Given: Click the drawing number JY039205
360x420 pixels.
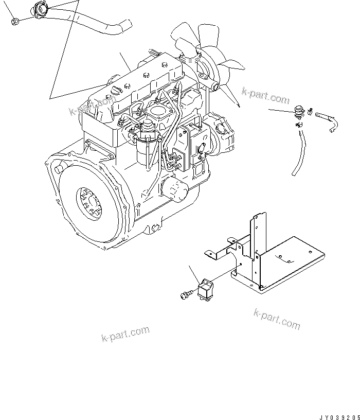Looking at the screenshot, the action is pos(339,417).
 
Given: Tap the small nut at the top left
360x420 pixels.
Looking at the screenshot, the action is pos(15,21).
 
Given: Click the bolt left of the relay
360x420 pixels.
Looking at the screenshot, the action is pos(187,294).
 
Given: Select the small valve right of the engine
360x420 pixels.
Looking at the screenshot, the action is pos(299,112).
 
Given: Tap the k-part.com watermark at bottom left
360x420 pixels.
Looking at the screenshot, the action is pos(125,334).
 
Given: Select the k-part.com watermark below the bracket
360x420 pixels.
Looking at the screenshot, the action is pos(277,319).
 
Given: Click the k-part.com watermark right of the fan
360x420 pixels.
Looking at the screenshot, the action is pos(265,95).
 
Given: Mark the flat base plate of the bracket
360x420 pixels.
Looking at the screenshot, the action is pos(278,264).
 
